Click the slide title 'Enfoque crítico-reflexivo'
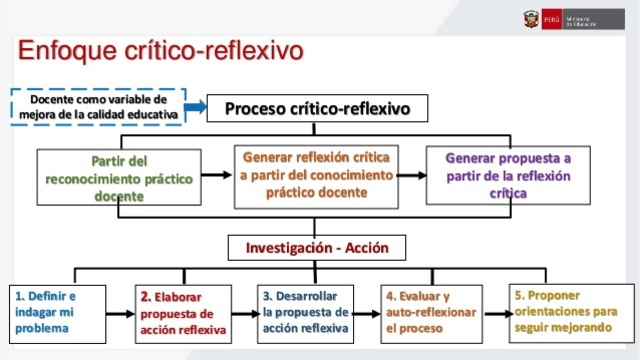coord(160,49)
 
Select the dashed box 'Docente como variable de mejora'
coord(98,106)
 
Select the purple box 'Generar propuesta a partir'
coord(507,175)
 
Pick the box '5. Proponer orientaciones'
coord(564,311)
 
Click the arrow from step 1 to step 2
coord(120,313)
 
